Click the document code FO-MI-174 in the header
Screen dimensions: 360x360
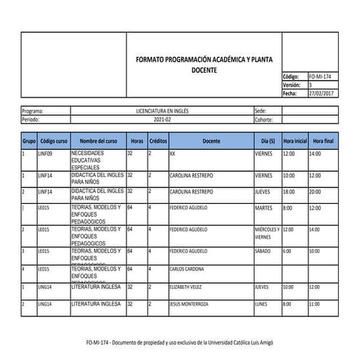pyautogui.click(x=321, y=76)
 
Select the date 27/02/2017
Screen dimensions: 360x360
pyautogui.click(x=321, y=94)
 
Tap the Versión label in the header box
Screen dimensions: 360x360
pyautogui.click(x=291, y=85)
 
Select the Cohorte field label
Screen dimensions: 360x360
pyautogui.click(x=265, y=119)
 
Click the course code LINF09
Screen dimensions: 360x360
pyautogui.click(x=45, y=154)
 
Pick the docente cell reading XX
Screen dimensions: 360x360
pyautogui.click(x=172, y=154)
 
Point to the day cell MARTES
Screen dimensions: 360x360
pyautogui.click(x=263, y=208)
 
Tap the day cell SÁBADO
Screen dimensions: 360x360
pyautogui.click(x=263, y=251)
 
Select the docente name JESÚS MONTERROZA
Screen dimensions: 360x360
pyautogui.click(x=193, y=304)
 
